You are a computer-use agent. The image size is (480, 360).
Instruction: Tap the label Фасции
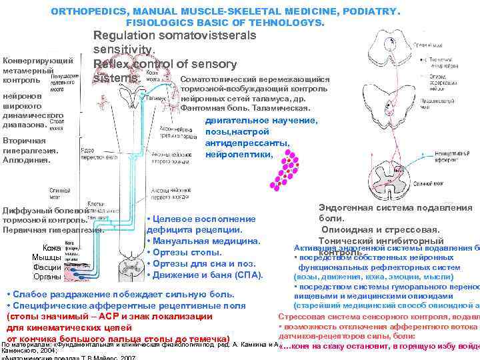[x=46, y=267]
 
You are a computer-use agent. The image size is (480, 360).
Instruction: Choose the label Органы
[x=46, y=276]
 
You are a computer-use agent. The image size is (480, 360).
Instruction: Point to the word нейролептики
[x=239, y=154]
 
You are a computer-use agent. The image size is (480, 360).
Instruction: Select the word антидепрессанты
[x=247, y=143]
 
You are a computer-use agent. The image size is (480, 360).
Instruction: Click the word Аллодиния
[x=25, y=160]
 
